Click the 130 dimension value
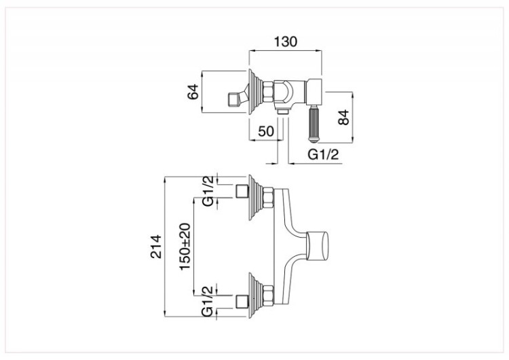286,41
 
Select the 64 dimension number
192,92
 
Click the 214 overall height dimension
155,246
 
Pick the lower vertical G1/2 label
208,300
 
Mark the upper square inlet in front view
240,190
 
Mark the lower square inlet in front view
240,300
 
